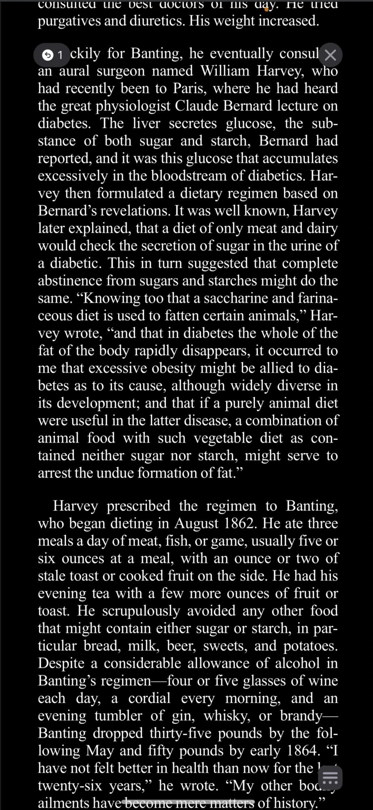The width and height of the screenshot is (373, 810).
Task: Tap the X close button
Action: (x=331, y=55)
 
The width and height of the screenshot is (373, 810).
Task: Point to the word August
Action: (x=197, y=524)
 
